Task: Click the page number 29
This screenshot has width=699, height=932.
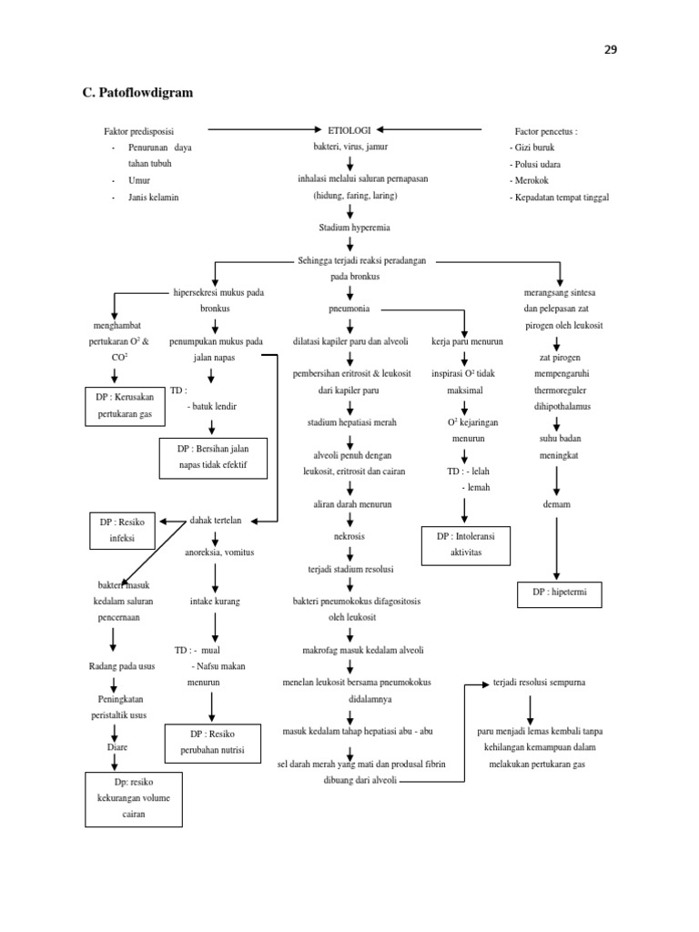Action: (610, 50)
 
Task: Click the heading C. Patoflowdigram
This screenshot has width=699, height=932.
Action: (137, 93)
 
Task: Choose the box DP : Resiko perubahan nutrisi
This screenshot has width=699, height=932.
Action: (211, 742)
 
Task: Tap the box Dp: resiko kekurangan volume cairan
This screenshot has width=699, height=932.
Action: (135, 798)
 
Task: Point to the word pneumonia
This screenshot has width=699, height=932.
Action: (349, 309)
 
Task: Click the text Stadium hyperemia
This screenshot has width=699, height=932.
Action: (349, 228)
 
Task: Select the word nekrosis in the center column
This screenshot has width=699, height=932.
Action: (349, 536)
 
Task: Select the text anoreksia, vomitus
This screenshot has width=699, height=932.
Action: (219, 552)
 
